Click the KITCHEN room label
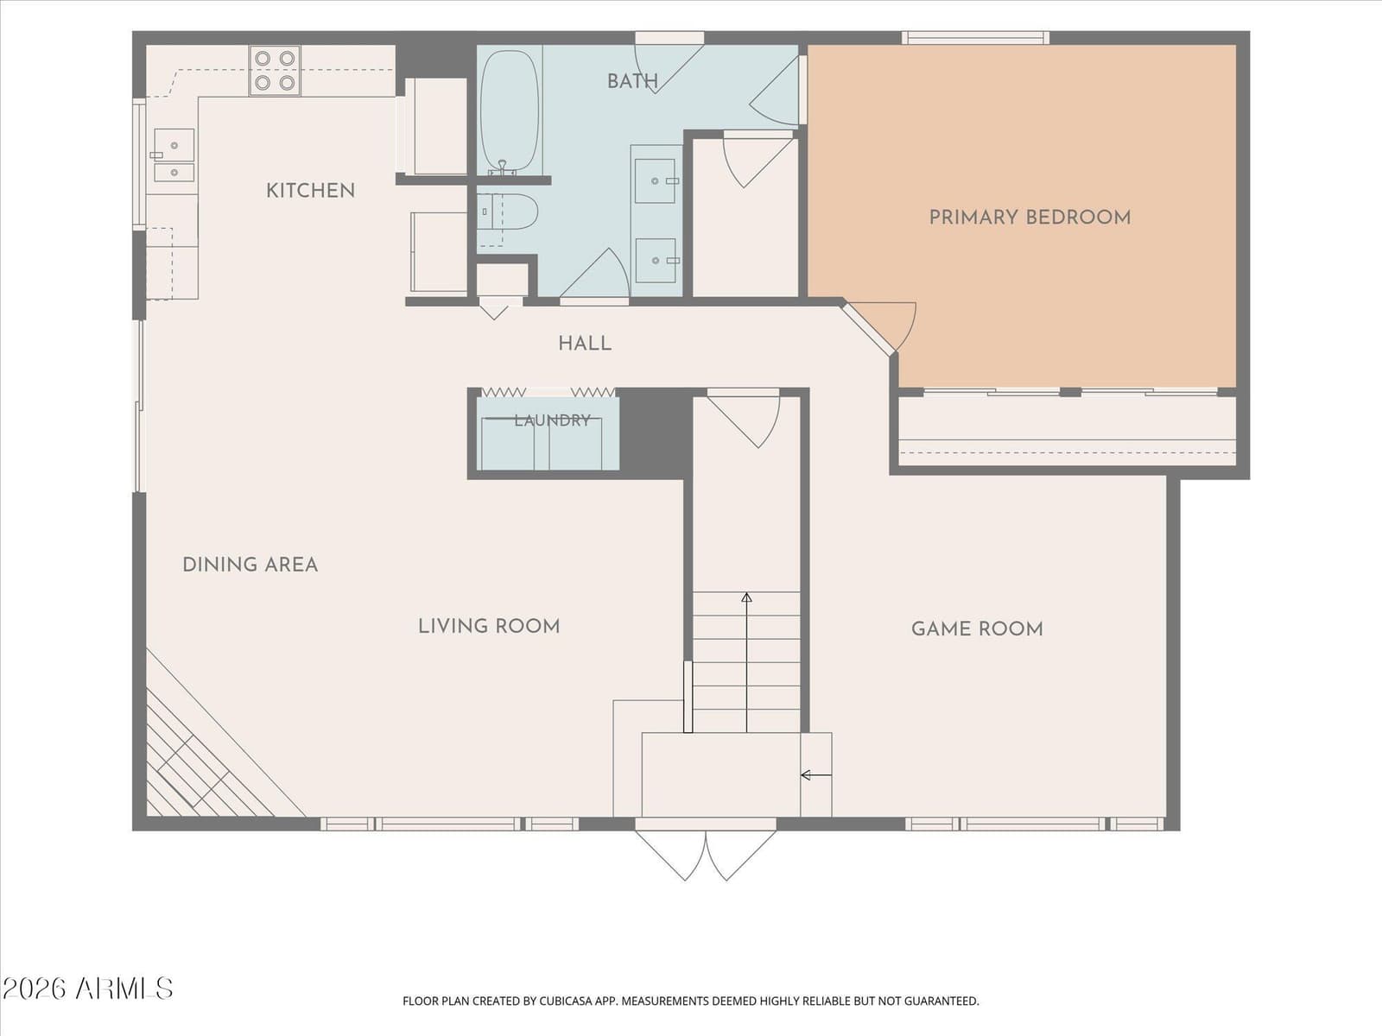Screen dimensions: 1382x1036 [310, 191]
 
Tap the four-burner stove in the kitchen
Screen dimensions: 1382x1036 [275, 71]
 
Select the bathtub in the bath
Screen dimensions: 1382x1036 [510, 112]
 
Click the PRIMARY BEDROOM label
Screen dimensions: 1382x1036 [1030, 218]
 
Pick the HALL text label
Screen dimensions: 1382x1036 [585, 344]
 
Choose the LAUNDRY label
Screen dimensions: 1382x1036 [552, 420]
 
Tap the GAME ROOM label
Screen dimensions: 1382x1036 [977, 629]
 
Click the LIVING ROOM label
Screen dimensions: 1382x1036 [489, 627]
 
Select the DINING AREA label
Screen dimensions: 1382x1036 [250, 565]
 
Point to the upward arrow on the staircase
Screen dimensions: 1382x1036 [747, 662]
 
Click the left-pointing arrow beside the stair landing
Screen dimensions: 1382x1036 [816, 775]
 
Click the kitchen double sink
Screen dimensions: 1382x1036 [174, 155]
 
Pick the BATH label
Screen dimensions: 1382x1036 [633, 81]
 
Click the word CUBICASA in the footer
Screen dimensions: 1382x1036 [565, 1001]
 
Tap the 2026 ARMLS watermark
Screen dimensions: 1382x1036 [87, 989]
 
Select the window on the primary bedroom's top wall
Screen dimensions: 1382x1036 [975, 38]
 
